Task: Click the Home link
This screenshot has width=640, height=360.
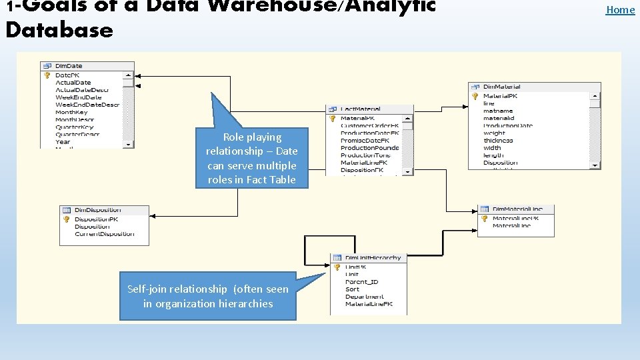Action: [620, 9]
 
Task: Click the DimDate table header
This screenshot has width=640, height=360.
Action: [69, 66]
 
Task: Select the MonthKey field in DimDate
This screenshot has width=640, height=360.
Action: [71, 112]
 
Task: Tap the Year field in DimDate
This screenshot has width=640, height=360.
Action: [63, 141]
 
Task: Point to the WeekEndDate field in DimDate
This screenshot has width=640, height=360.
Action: [79, 97]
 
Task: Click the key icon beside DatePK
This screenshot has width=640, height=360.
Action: [47, 75]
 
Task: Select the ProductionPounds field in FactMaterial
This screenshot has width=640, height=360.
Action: [369, 147]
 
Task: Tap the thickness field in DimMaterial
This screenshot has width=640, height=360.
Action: [498, 141]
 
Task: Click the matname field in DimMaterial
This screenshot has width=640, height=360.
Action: [498, 111]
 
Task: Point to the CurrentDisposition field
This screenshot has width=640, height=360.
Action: [104, 234]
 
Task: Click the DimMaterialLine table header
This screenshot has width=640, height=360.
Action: [517, 209]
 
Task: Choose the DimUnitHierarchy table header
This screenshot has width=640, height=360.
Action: [373, 258]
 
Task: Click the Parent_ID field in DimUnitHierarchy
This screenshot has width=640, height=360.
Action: [361, 281]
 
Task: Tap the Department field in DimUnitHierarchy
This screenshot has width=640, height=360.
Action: [364, 297]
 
